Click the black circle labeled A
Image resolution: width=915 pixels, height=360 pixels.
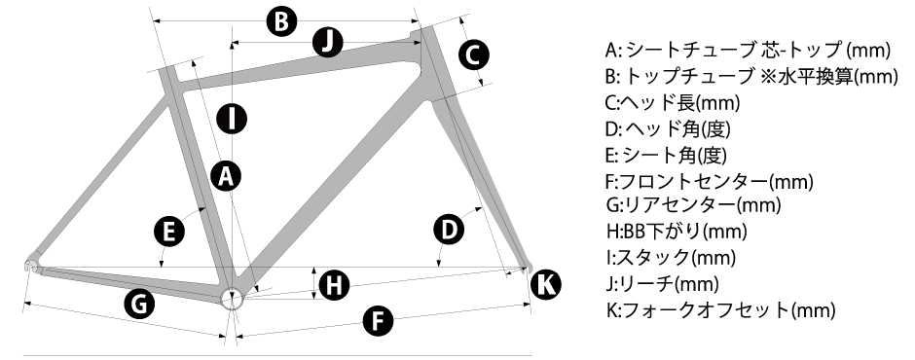(226, 176)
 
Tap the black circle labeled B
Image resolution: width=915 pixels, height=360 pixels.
(282, 22)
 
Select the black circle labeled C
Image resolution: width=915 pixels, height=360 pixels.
(473, 54)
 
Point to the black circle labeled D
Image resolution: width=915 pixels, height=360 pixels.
(449, 230)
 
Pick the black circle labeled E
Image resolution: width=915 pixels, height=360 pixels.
(169, 232)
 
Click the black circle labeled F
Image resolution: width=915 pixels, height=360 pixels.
(378, 321)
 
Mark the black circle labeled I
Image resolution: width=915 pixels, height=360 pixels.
(232, 119)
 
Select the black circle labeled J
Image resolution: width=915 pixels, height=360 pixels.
(327, 42)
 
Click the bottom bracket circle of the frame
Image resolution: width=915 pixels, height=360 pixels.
(232, 298)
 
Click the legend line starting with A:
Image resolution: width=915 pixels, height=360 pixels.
(749, 51)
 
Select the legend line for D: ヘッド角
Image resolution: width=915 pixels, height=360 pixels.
(668, 128)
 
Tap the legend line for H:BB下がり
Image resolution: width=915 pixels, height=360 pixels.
(677, 231)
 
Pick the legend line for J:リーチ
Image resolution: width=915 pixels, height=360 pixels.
(662, 283)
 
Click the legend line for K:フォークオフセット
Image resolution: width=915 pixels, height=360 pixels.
(720, 309)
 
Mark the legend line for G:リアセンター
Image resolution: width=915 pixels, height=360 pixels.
(693, 204)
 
